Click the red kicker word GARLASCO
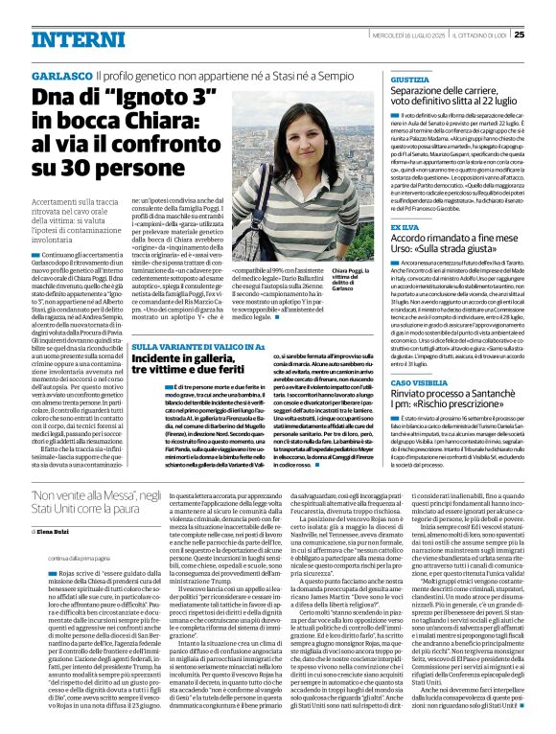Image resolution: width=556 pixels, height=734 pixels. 62,74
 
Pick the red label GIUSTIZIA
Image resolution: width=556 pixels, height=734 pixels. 409,80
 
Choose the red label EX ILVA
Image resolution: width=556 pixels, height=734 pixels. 404,227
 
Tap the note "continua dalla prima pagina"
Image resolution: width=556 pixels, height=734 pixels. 60,558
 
